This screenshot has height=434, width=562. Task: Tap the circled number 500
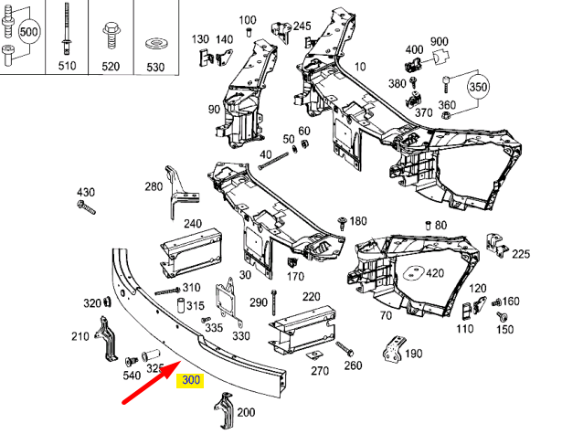(29, 31)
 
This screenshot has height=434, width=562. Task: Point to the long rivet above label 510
(68, 32)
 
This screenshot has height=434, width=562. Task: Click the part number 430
(85, 193)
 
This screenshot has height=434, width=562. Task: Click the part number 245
(301, 26)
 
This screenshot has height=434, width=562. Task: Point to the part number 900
(439, 42)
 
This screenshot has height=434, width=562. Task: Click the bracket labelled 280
(175, 190)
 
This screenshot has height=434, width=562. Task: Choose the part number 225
(520, 254)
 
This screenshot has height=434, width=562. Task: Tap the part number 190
(413, 355)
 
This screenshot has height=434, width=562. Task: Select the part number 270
(319, 371)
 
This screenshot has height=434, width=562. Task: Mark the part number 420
(434, 273)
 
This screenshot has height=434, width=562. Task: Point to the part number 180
(357, 221)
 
